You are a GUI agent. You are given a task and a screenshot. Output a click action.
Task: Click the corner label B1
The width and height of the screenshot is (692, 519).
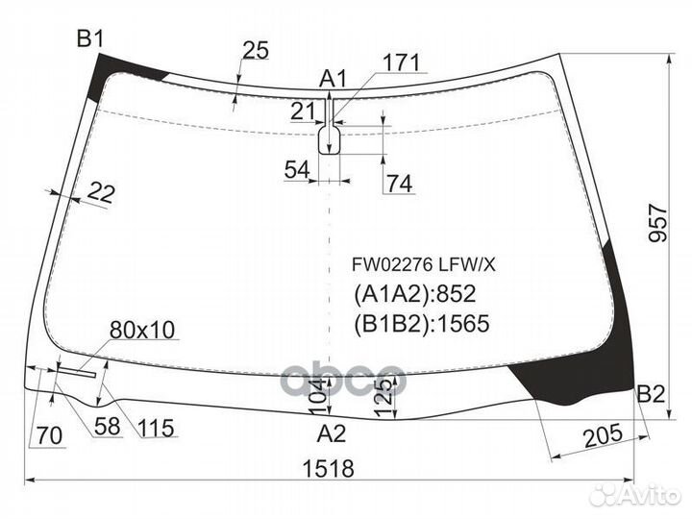pos(89,38)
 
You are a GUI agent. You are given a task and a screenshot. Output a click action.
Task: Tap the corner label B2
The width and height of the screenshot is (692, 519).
pos(651,393)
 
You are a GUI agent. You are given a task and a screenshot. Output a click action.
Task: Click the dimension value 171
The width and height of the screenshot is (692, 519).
pos(402,63)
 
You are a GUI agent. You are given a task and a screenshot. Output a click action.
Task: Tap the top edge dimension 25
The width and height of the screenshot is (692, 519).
pos(255,51)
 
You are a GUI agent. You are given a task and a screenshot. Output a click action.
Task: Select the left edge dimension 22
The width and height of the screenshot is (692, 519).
pos(100,193)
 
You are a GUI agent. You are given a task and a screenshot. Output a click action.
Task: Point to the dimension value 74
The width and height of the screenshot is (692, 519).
pos(400,184)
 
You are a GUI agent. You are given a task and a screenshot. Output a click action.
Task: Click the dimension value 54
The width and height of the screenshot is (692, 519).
pos(297,170)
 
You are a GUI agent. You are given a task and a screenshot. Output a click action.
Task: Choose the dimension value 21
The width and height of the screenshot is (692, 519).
pos(303,111)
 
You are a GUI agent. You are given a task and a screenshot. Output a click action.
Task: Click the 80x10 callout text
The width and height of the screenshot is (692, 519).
pos(141,331)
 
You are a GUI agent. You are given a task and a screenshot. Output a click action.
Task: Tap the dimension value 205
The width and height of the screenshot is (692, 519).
pos(601,435)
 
